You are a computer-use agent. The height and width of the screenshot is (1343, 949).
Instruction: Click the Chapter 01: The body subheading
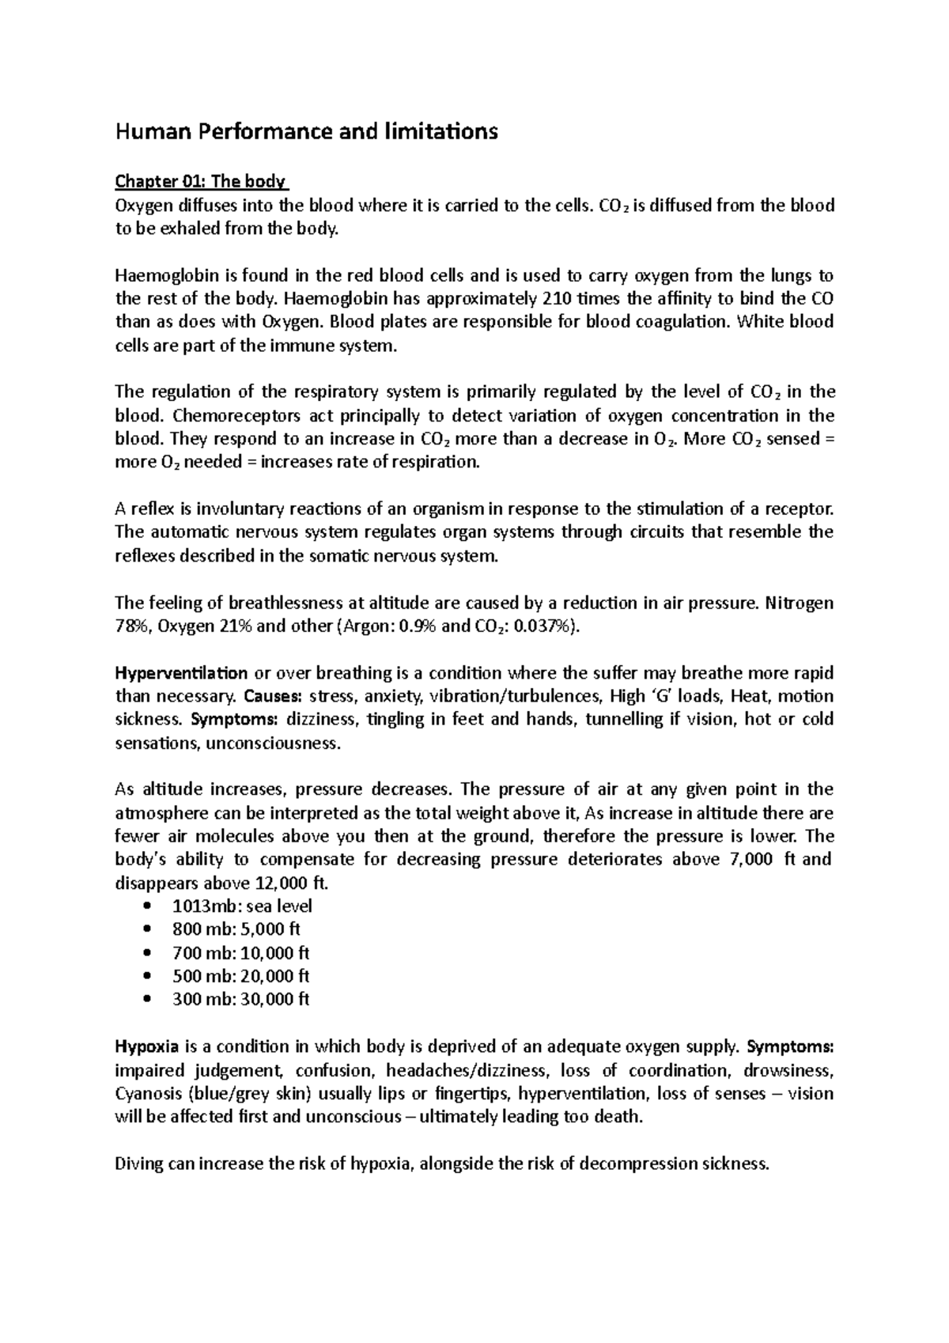pos(202,182)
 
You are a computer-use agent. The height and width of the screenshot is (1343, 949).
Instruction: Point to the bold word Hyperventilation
pos(181,673)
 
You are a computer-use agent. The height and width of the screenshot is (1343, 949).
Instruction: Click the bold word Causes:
pos(273,697)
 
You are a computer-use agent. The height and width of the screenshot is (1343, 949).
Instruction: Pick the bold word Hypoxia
pos(148,1047)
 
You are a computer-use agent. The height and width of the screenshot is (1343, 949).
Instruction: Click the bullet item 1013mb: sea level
pos(242,906)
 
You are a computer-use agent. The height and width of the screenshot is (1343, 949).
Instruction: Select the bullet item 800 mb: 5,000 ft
pos(236,929)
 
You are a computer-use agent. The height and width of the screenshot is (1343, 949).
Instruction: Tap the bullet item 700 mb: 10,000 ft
pos(240,952)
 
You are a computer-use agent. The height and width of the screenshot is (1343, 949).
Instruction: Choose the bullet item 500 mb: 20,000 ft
pos(240,975)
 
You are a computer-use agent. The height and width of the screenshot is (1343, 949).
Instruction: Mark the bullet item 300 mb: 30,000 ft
pos(240,999)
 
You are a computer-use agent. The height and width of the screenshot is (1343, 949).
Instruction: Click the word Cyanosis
pos(149,1094)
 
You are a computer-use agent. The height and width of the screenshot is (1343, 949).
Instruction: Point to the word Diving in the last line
pos(139,1163)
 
